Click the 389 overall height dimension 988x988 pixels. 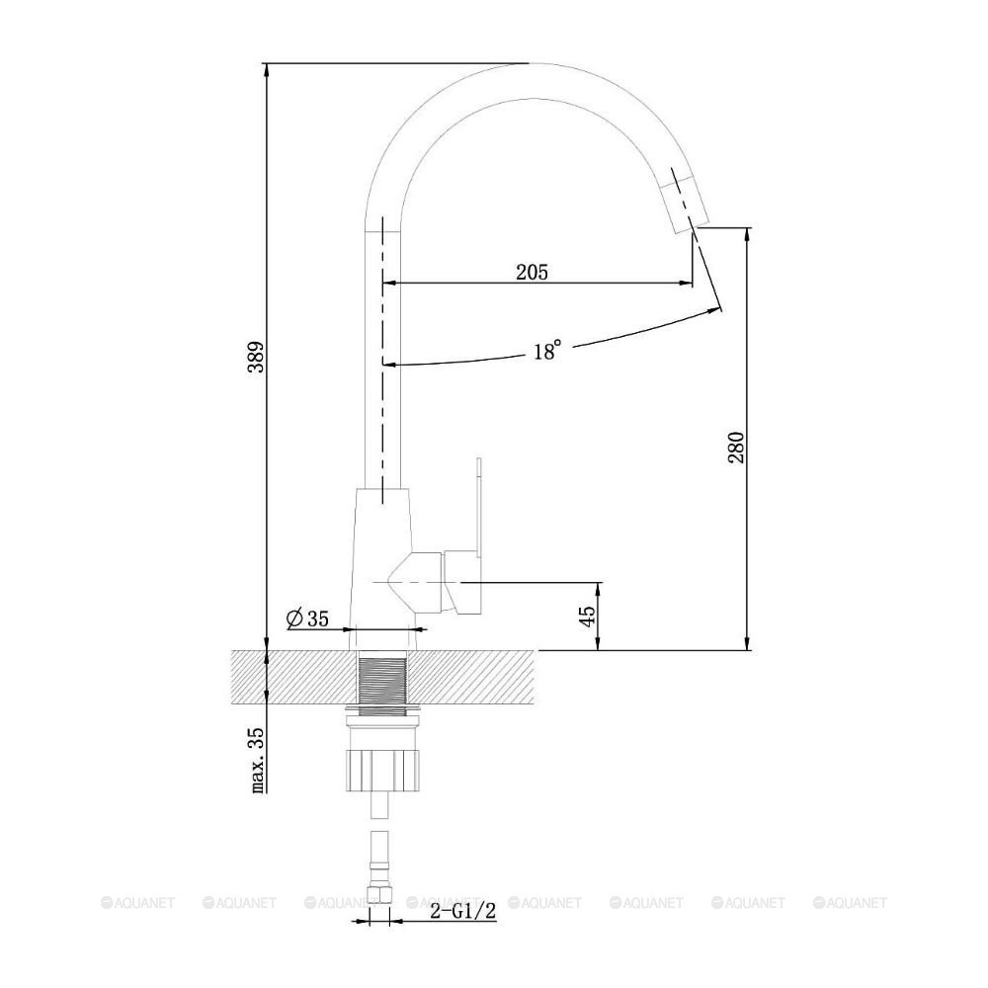[257, 358]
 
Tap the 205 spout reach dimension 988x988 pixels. [533, 272]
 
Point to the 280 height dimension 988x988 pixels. [737, 448]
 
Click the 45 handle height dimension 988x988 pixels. [587, 617]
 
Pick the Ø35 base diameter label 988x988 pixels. [307, 618]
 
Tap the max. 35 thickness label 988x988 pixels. [257, 761]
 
